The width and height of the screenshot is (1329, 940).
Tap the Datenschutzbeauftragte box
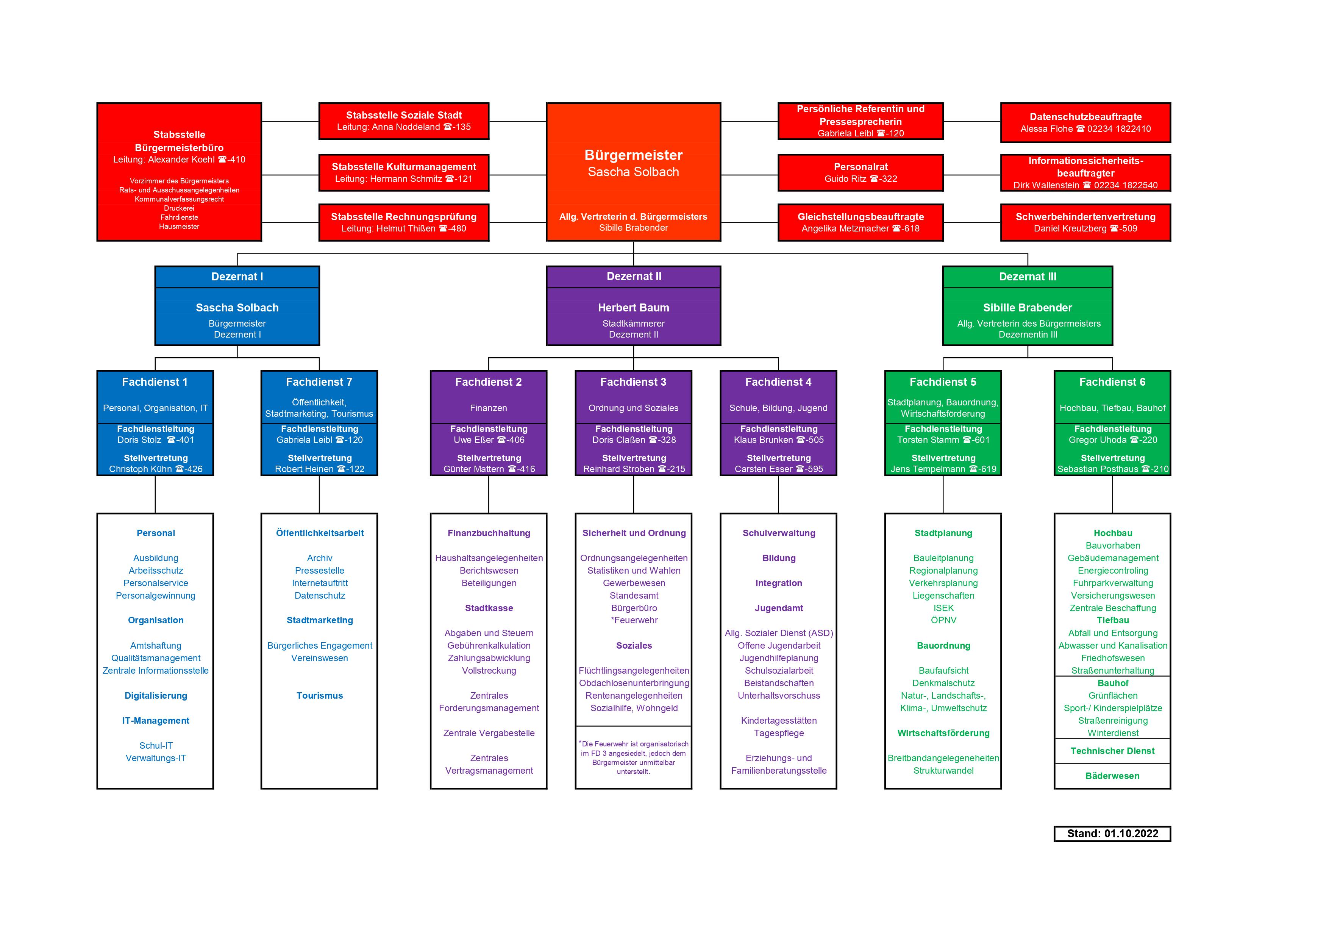(x=1085, y=122)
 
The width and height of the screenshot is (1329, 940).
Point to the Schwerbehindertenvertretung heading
(x=1085, y=217)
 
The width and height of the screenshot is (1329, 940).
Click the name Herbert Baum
(x=633, y=308)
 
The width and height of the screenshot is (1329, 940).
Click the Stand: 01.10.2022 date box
(x=1112, y=834)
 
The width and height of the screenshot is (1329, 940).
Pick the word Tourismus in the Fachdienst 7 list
(x=320, y=696)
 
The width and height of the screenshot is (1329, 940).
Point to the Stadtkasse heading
(x=489, y=608)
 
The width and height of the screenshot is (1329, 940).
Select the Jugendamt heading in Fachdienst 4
(x=779, y=608)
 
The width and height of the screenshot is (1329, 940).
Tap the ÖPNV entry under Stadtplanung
(x=943, y=620)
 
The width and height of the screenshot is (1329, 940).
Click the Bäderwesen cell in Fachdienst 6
(x=1112, y=776)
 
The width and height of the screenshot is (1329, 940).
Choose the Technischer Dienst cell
(x=1112, y=751)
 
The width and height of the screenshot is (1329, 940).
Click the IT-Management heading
(x=156, y=721)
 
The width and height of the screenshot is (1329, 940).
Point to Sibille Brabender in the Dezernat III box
(x=1028, y=308)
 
